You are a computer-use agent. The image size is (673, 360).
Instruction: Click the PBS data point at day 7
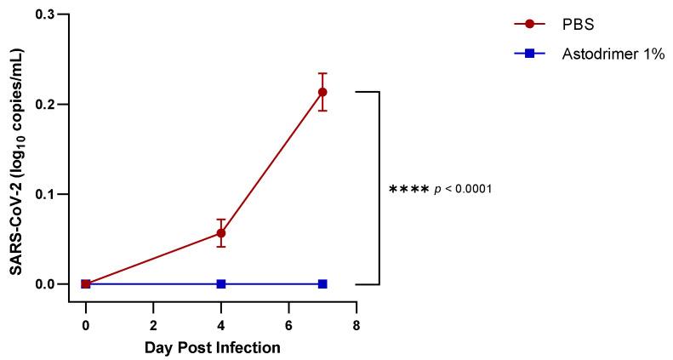pos(322,92)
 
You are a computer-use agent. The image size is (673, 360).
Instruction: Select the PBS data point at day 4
pos(221,232)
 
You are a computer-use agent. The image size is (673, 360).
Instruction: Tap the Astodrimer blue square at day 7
pos(322,283)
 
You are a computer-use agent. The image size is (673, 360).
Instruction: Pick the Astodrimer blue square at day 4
pos(221,283)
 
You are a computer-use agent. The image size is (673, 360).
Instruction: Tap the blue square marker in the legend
pos(529,54)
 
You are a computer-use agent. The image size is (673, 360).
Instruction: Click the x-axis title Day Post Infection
pos(212,347)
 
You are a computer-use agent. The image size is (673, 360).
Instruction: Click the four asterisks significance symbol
pos(408,189)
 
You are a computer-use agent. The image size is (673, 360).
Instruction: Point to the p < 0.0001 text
pos(464,188)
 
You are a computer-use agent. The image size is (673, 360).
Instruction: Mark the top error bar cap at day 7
pos(322,73)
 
